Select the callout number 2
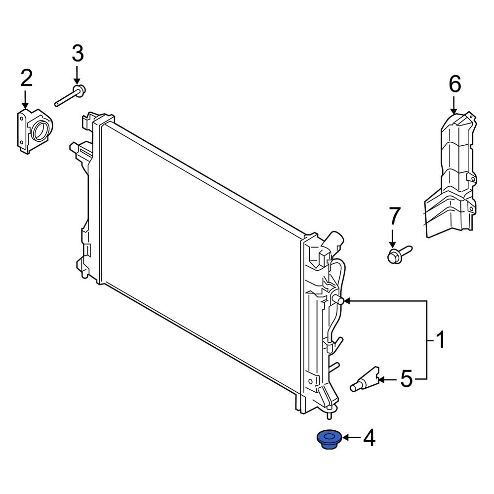(x=26, y=79)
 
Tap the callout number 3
(x=78, y=53)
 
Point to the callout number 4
(x=370, y=437)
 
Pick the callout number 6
(x=454, y=84)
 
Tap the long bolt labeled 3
(x=70, y=96)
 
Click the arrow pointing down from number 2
(x=26, y=99)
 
